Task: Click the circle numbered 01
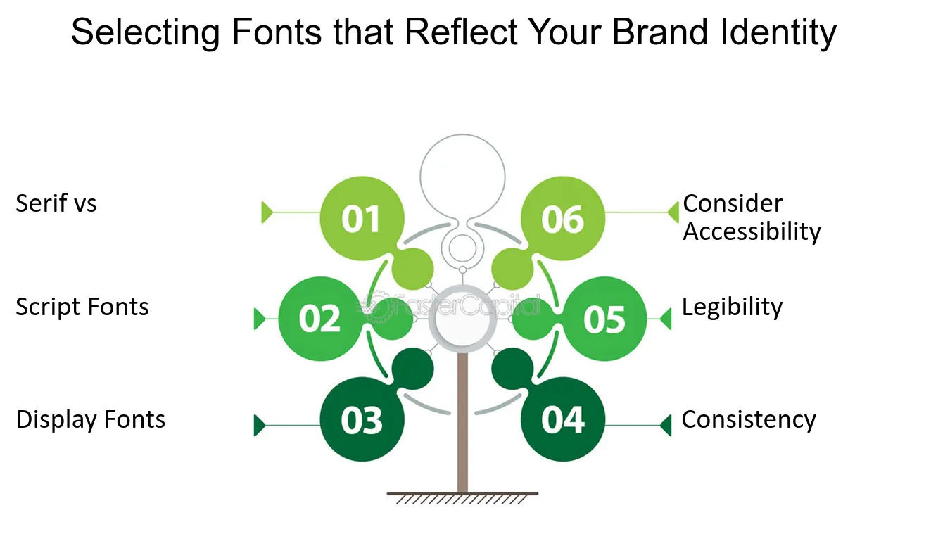point(362,219)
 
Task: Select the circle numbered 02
point(320,319)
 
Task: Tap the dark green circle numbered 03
point(362,420)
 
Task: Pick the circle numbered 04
point(563,420)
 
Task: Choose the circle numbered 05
point(604,319)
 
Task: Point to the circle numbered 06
point(563,219)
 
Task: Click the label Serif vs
point(56,204)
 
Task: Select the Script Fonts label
point(82,307)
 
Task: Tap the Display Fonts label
point(91,419)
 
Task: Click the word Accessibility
point(752,231)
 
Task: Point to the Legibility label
point(732,307)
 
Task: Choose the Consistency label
point(749,419)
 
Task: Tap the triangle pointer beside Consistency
point(666,425)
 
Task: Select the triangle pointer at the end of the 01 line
point(267,212)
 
